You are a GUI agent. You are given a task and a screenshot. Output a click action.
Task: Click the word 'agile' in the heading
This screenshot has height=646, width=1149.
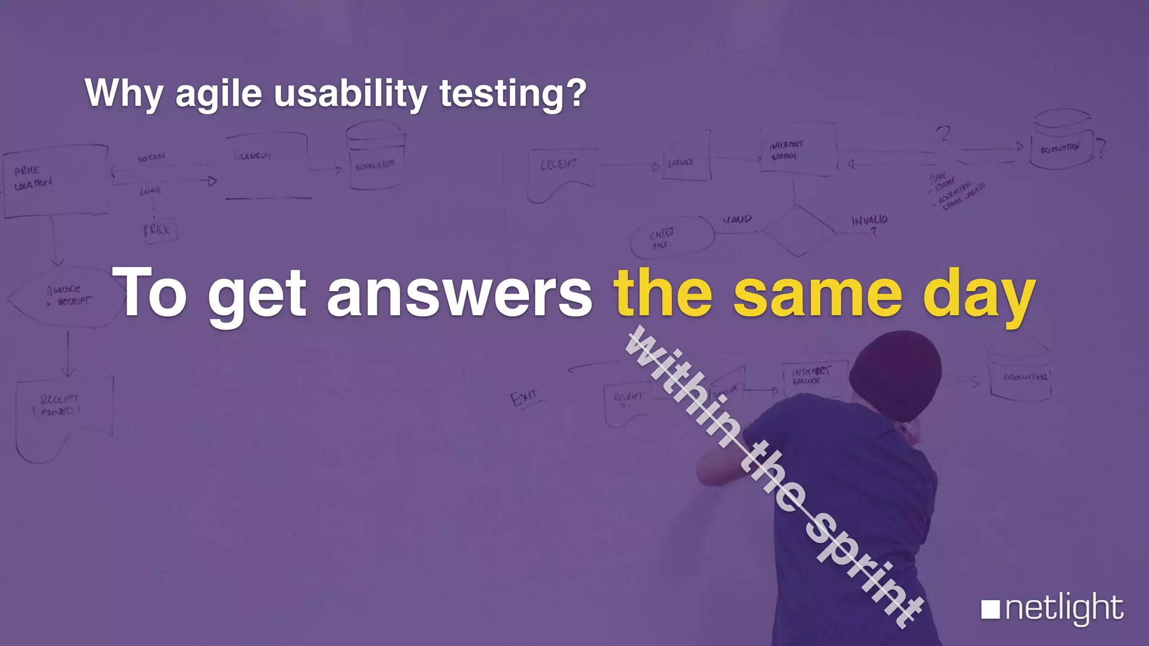point(218,94)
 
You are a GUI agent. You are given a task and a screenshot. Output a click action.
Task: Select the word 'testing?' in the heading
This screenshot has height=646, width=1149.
point(512,94)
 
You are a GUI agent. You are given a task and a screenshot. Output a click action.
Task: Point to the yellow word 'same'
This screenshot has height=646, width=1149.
point(817,293)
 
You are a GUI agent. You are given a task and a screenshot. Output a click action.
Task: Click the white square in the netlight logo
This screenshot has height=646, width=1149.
point(990,610)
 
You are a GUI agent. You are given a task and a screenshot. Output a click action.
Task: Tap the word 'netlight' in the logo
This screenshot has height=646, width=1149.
point(1064,608)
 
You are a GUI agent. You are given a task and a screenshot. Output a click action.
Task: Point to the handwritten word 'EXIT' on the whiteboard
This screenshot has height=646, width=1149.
point(524,398)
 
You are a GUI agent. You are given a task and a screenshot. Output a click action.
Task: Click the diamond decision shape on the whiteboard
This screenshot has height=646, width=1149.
point(798,230)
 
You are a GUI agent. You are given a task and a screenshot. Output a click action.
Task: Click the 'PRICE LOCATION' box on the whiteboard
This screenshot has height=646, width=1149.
point(55,181)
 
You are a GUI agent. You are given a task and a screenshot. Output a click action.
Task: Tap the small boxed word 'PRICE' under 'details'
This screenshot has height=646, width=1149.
point(159,229)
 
